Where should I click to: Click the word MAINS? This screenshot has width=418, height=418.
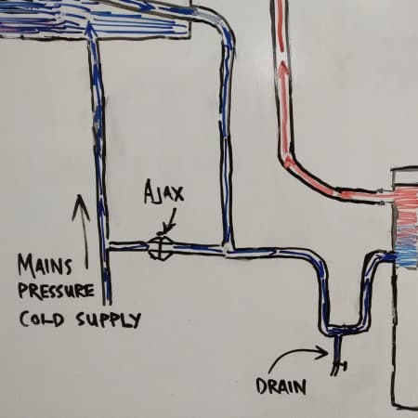coord(45,266)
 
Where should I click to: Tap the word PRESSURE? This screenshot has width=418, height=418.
coord(56,291)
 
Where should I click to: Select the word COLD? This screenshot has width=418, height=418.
coord(42,319)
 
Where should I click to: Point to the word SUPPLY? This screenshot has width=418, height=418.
coord(109,320)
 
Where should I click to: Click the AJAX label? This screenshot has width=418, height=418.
coord(163,191)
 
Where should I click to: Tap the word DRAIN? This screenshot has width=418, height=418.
coord(281,386)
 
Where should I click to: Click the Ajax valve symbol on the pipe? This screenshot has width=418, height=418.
coord(160,247)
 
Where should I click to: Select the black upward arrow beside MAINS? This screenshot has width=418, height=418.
coord(81,230)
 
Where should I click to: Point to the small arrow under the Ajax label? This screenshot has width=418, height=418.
coord(169,221)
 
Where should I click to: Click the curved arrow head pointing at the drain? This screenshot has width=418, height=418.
coord(322,353)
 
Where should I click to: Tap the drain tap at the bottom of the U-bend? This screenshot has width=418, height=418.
coord(338,356)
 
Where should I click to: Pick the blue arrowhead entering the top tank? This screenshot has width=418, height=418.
coord(89,29)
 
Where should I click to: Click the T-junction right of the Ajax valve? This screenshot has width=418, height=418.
coord(228,249)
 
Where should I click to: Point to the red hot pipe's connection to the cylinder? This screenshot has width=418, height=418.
coord(385,197)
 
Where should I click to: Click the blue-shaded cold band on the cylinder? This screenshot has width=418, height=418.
coord(406,258)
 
